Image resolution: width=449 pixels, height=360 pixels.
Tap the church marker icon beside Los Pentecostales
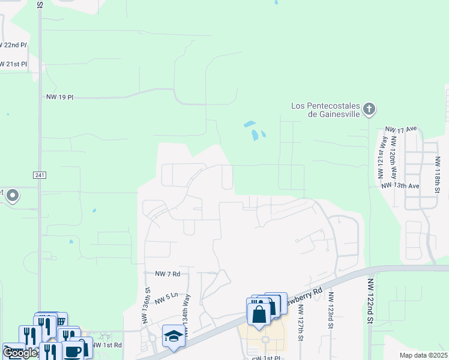[369, 109]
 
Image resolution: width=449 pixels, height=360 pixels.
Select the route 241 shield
[39, 175]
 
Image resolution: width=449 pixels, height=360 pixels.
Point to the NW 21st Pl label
[14, 64]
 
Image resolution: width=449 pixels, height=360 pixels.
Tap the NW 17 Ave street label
[401, 129]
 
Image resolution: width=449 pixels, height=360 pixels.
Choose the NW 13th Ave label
[400, 186]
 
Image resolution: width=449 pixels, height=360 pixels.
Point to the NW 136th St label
[147, 305]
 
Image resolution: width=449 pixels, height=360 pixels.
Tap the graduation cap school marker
[173, 337]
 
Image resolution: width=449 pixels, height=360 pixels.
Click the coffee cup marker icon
[73, 350]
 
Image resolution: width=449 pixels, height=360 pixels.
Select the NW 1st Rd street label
[109, 345]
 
